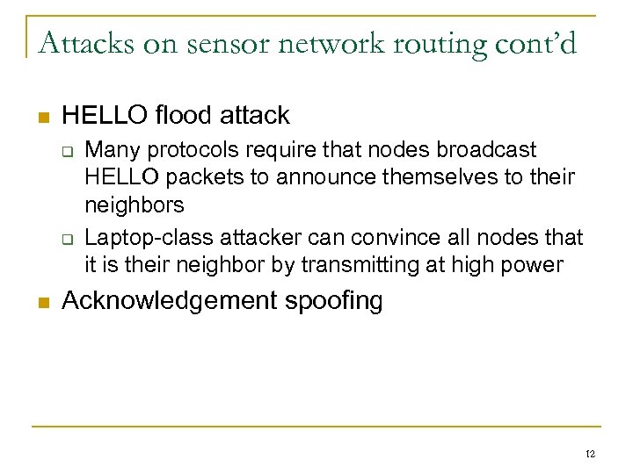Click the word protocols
tap(183, 147)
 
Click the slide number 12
tap(591, 453)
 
